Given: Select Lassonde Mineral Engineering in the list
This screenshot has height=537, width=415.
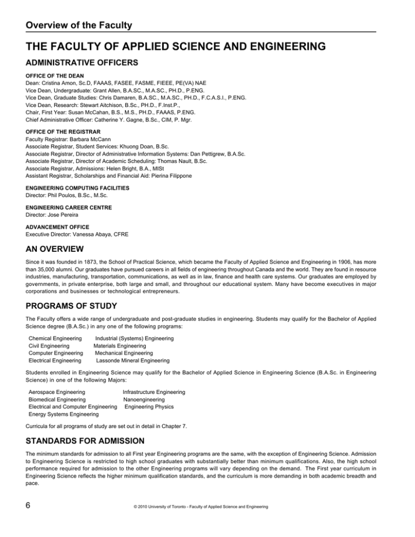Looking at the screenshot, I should click(x=132, y=360).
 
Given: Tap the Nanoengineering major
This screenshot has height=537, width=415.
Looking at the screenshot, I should click(x=144, y=399).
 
